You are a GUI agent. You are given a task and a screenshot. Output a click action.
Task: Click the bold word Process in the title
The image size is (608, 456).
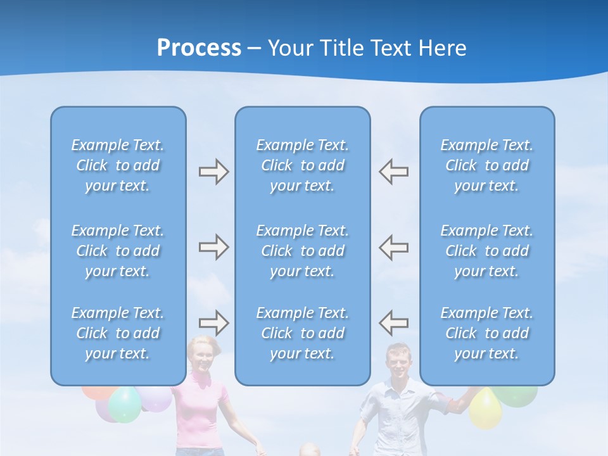pyautogui.click(x=199, y=48)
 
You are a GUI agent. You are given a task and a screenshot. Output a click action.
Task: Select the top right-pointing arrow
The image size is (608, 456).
pyautogui.click(x=213, y=172)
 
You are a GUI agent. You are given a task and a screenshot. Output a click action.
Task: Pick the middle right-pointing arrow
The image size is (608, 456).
pyautogui.click(x=213, y=247)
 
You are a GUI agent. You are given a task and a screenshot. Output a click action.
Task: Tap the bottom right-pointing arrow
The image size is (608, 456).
pyautogui.click(x=213, y=322)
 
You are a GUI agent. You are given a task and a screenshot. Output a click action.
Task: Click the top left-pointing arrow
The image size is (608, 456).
pyautogui.click(x=393, y=172)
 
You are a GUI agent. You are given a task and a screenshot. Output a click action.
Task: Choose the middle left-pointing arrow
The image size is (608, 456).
pyautogui.click(x=393, y=247)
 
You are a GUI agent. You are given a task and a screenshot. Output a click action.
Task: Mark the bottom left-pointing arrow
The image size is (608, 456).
pyautogui.click(x=393, y=322)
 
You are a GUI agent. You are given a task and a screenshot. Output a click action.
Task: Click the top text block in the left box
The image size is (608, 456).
pyautogui.click(x=118, y=165)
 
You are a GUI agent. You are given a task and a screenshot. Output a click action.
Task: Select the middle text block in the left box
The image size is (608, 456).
pyautogui.click(x=118, y=251)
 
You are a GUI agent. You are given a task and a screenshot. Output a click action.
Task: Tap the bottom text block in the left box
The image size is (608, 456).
pyautogui.click(x=118, y=333)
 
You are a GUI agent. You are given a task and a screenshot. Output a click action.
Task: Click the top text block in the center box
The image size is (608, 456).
pyautogui.click(x=302, y=165)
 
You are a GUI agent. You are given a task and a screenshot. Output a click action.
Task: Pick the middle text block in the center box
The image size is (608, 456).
pyautogui.click(x=302, y=251)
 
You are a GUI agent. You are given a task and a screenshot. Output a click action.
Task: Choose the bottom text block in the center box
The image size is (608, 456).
pyautogui.click(x=302, y=333)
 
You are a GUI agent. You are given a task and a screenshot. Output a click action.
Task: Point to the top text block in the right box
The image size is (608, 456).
pyautogui.click(x=486, y=165)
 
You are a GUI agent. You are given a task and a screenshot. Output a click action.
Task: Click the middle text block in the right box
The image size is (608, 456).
pyautogui.click(x=486, y=251)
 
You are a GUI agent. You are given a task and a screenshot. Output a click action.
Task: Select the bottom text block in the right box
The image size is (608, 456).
pyautogui.click(x=486, y=333)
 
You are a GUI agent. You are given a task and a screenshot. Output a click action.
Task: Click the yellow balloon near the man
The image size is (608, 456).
pyautogui.click(x=485, y=407)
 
